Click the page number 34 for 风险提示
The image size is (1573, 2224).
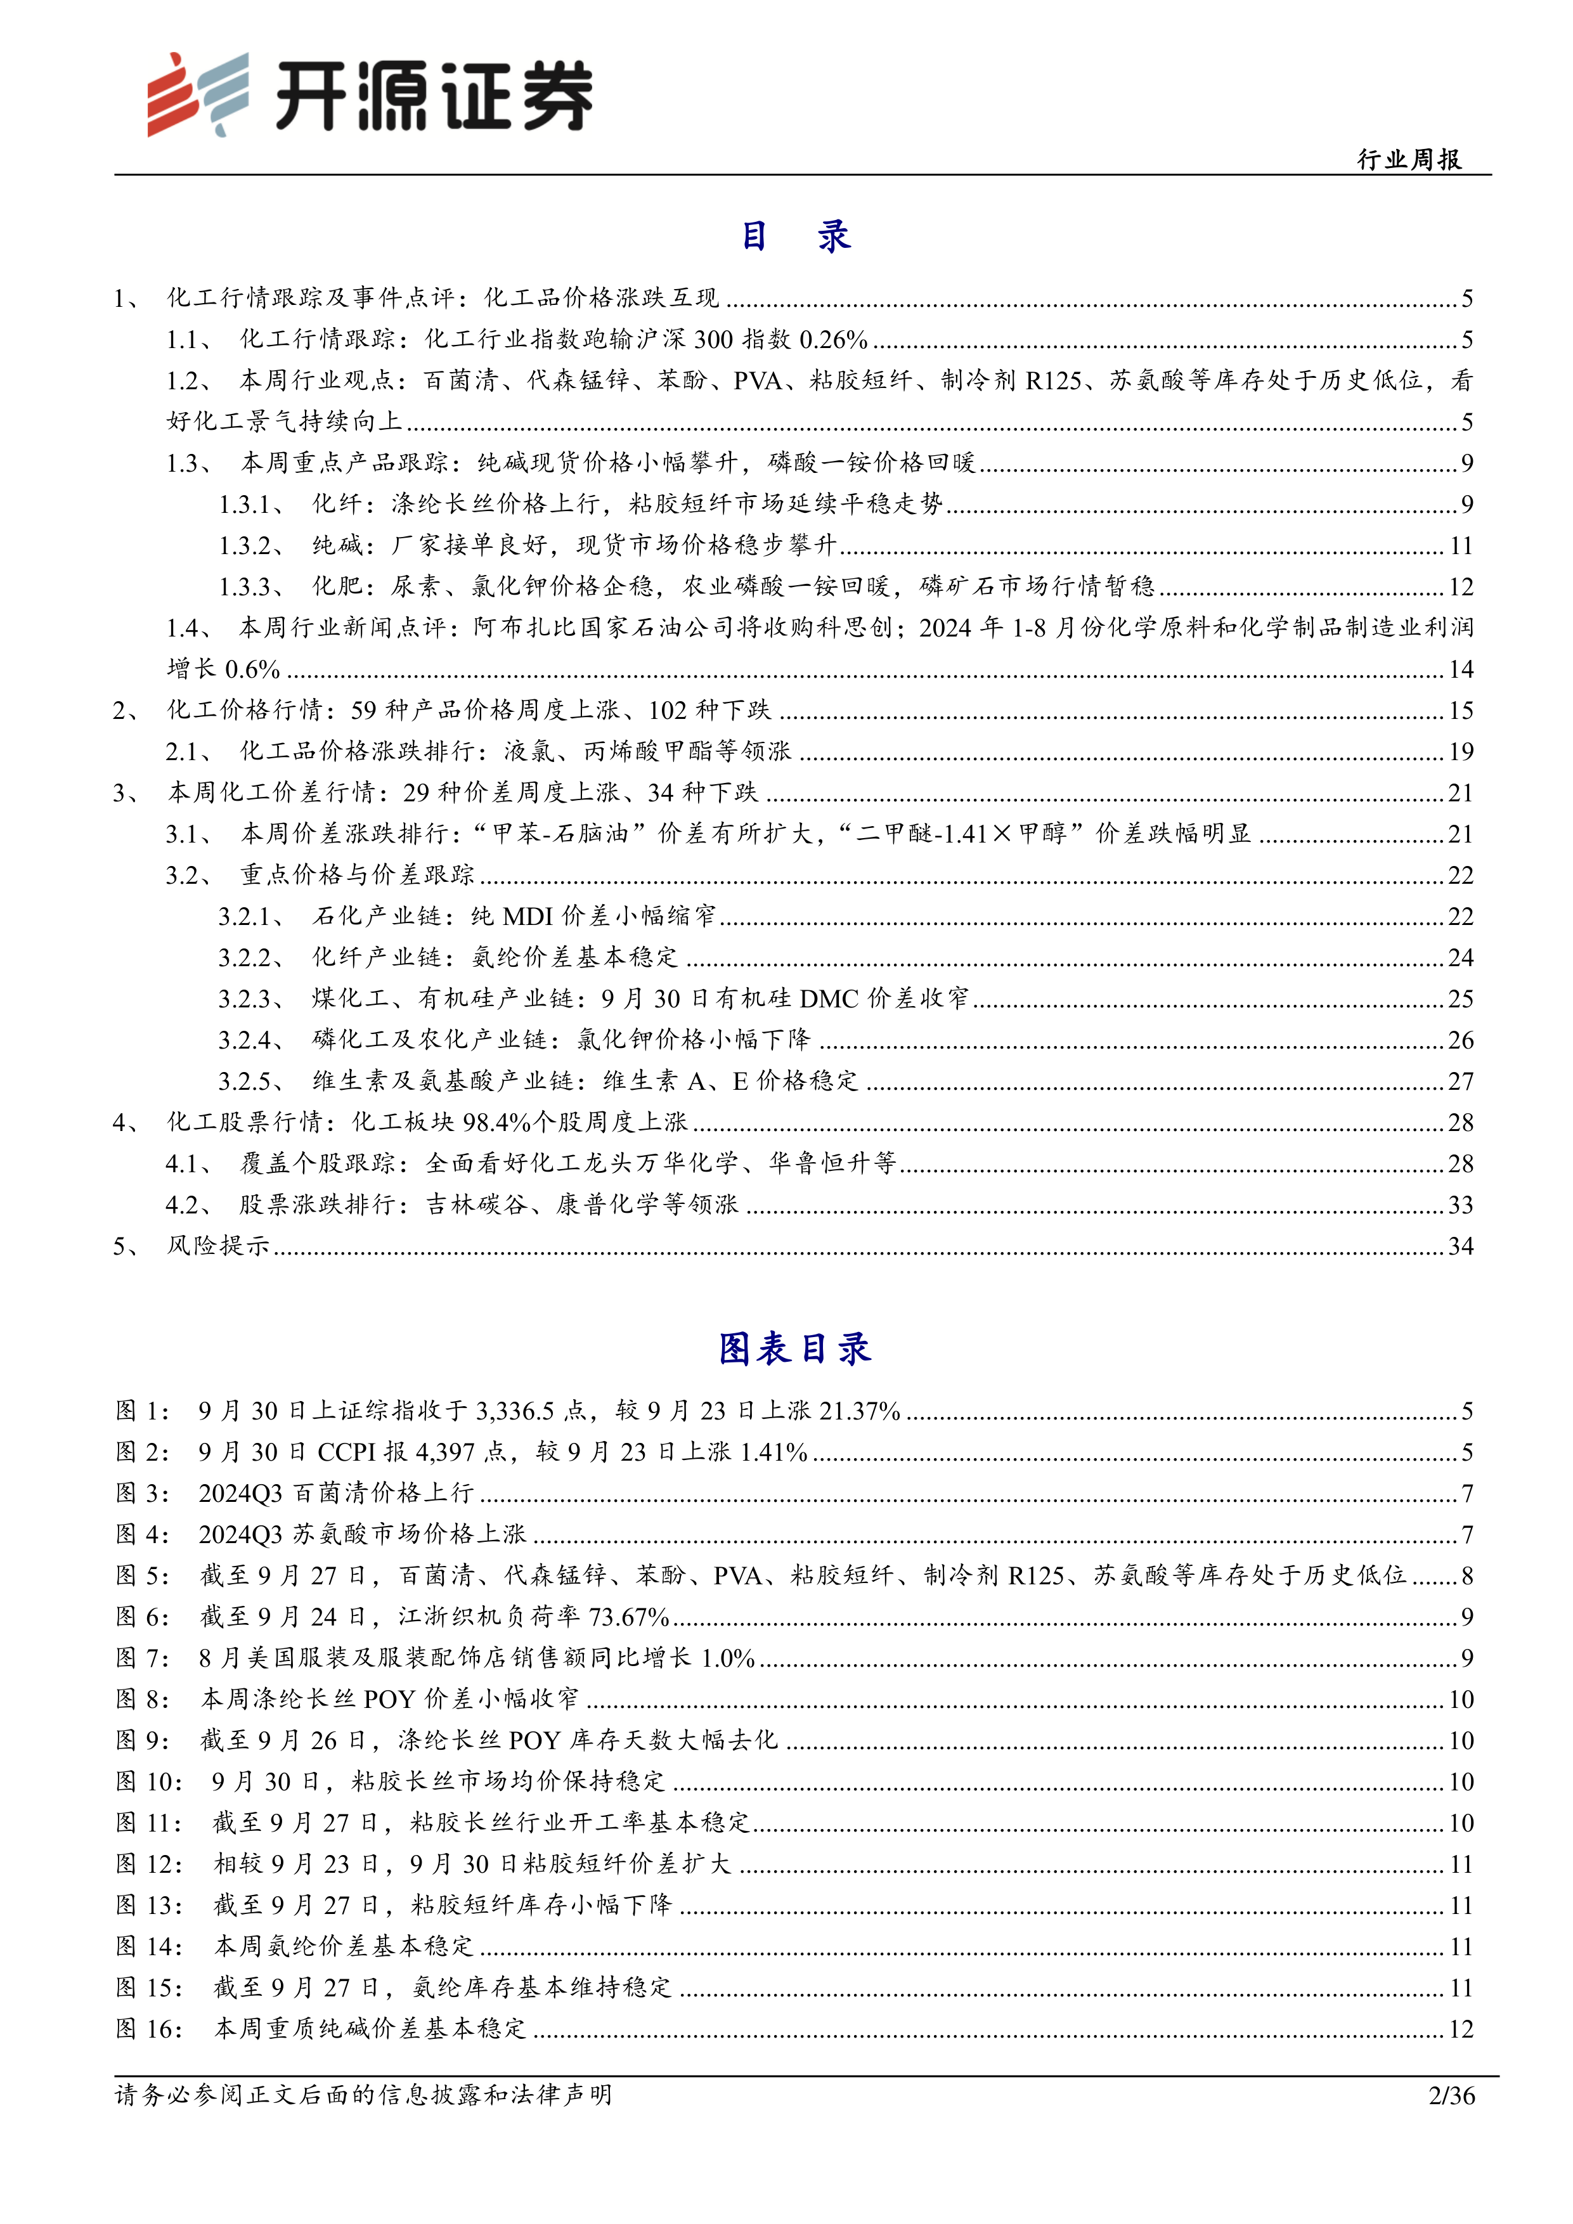click(1461, 1246)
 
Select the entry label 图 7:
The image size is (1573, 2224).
click(143, 1658)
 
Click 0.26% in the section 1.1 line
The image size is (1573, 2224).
click(833, 340)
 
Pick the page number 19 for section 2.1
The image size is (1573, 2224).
click(1461, 752)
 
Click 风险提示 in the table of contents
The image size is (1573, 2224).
click(218, 1246)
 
